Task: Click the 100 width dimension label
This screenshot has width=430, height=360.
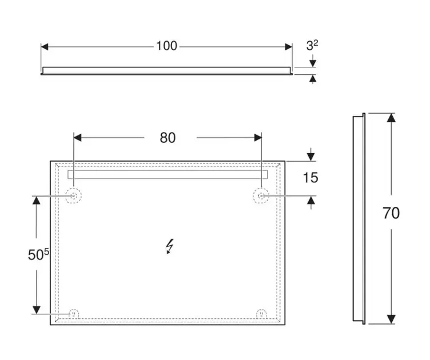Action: pos(166,46)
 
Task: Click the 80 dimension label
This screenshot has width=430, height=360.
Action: pos(168,138)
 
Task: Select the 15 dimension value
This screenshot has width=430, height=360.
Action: pos(310,178)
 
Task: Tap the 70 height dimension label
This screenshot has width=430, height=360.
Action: pos(391,214)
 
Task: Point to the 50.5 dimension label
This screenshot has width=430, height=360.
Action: pos(39,255)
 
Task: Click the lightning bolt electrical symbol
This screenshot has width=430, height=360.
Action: pos(169,246)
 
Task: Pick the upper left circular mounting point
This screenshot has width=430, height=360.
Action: pos(74,196)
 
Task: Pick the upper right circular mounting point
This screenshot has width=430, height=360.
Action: pos(261,196)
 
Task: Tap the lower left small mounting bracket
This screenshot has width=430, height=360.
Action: pos(74,313)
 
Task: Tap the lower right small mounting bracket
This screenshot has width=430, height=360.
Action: pos(261,313)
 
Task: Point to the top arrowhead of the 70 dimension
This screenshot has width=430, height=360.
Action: pos(391,118)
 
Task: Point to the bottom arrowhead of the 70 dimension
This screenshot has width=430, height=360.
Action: pos(391,319)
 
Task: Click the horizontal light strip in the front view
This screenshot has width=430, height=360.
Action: pos(168,174)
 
